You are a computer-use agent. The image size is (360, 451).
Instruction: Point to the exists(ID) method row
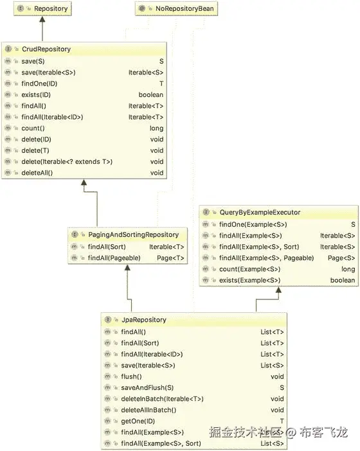pos(35,95)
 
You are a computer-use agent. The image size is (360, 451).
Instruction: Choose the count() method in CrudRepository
pos(33,128)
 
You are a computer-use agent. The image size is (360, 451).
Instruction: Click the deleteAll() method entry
pos(37,173)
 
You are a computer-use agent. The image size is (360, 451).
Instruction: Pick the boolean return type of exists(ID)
pos(150,95)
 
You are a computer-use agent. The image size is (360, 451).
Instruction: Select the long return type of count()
pos(157,128)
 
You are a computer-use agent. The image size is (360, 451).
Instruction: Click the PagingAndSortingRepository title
pos(134,234)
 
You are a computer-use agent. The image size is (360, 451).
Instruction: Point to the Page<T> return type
pos(171,258)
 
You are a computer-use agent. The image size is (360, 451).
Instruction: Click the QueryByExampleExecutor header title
pos(259,213)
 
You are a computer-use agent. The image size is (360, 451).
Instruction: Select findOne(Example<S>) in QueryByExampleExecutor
pos(253,224)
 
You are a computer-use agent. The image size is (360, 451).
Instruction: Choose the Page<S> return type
pos(341,258)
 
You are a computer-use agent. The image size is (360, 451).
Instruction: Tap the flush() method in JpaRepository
pos(131,376)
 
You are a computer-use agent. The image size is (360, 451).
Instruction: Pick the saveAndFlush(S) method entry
pos(147,387)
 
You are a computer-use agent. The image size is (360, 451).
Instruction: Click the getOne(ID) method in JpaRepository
pos(137,421)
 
